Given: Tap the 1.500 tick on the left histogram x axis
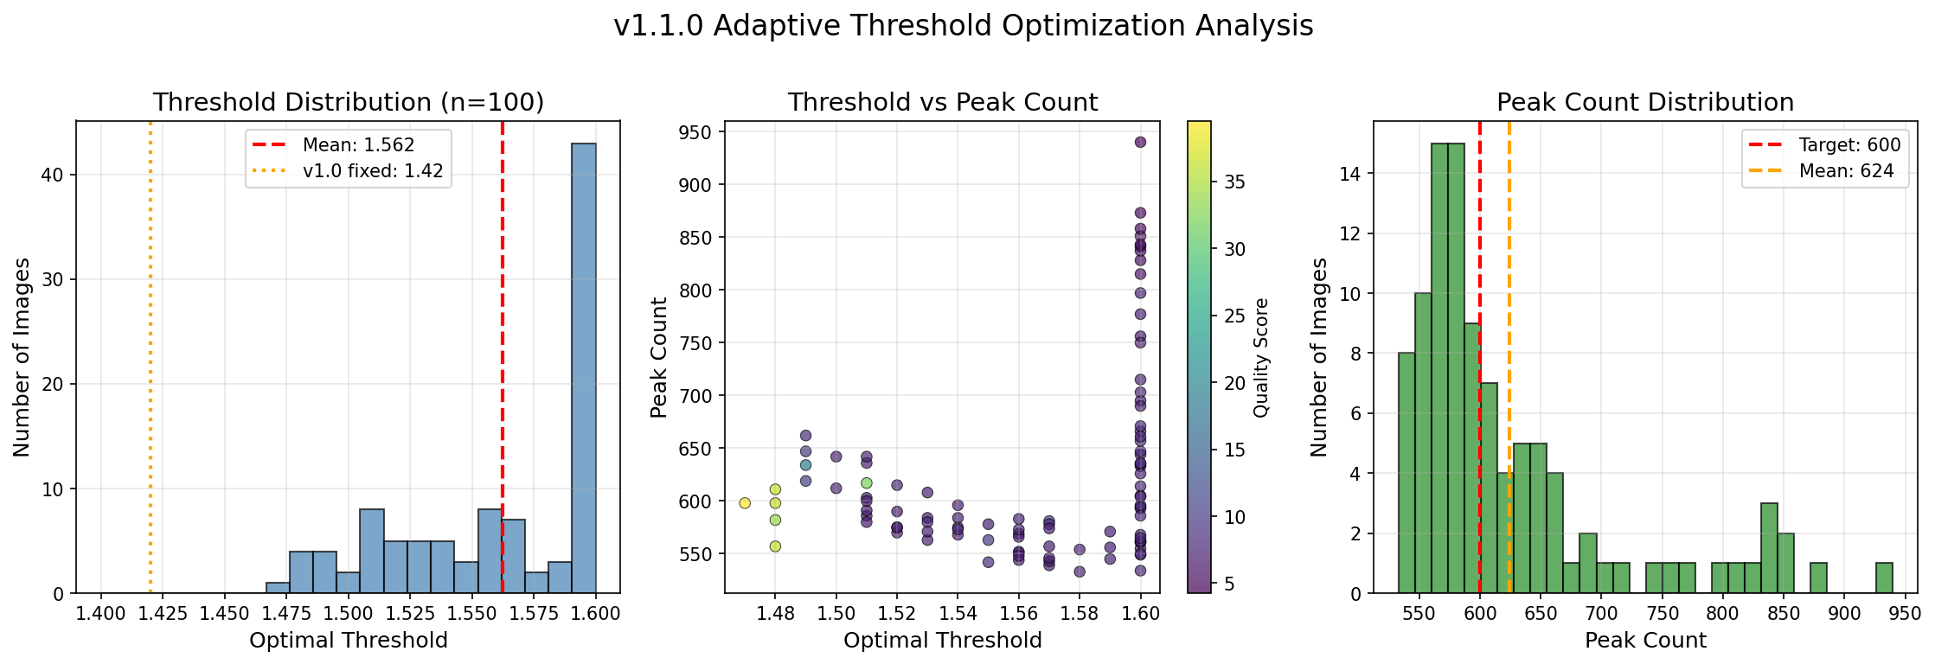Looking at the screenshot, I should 349,614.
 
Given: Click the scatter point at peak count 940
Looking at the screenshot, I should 1140,142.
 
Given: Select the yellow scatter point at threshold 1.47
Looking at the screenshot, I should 745,503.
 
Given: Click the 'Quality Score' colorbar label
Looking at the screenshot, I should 1261,357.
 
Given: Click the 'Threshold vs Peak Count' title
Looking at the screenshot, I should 942,103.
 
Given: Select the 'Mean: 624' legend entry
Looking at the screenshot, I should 1846,171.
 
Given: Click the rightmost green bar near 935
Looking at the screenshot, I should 1884,578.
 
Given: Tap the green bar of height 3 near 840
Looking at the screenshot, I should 1769,548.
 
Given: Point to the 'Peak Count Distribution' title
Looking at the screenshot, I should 1645,103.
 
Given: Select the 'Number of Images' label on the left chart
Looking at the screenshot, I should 22,357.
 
